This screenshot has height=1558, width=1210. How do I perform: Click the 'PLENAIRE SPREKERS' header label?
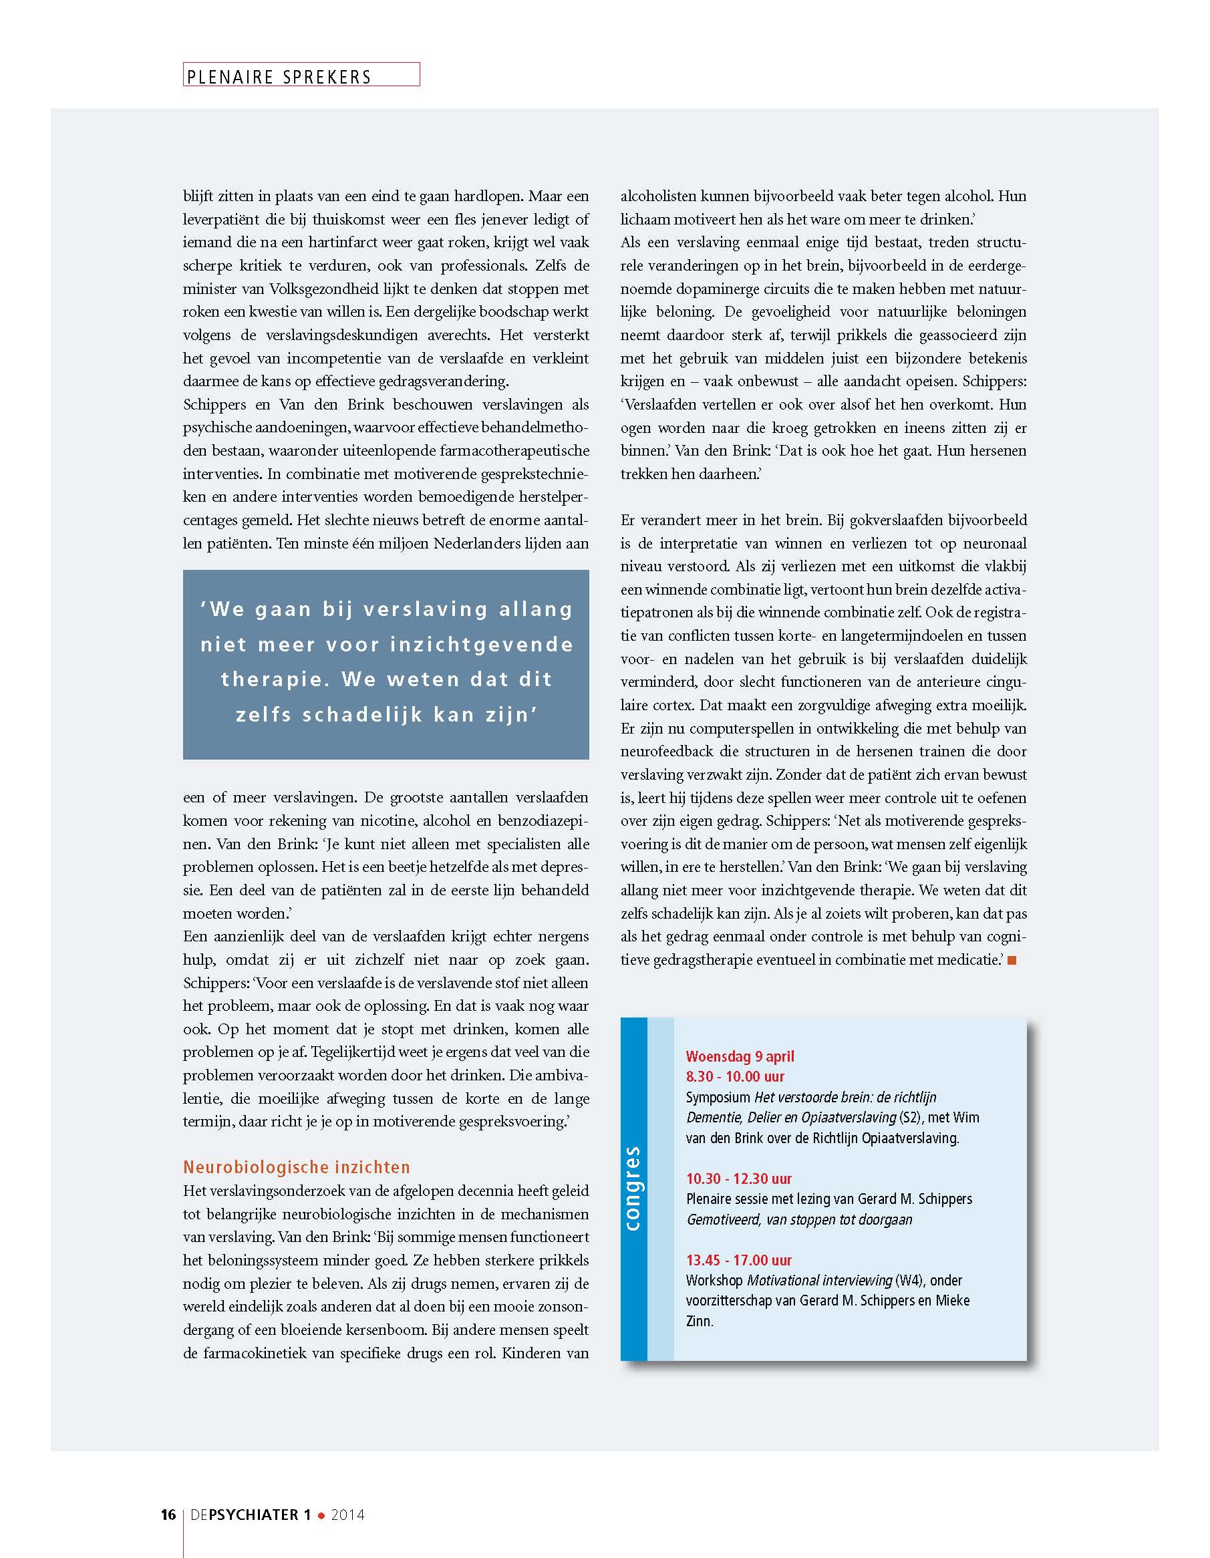coord(279,76)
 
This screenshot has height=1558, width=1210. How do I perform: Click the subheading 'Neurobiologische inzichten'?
coord(296,1167)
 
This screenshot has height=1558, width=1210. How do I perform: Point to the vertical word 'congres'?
coord(633,1189)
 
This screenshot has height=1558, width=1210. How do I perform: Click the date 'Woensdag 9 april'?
coord(740,1056)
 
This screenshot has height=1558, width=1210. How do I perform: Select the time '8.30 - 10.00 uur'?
coord(735,1076)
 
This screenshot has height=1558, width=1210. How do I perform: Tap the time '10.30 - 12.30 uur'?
coord(738,1179)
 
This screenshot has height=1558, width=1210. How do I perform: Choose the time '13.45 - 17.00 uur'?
coord(738,1260)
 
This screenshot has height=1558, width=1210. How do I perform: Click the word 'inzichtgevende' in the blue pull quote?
coord(482,645)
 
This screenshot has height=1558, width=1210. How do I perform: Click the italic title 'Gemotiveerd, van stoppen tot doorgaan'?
coord(799,1219)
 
